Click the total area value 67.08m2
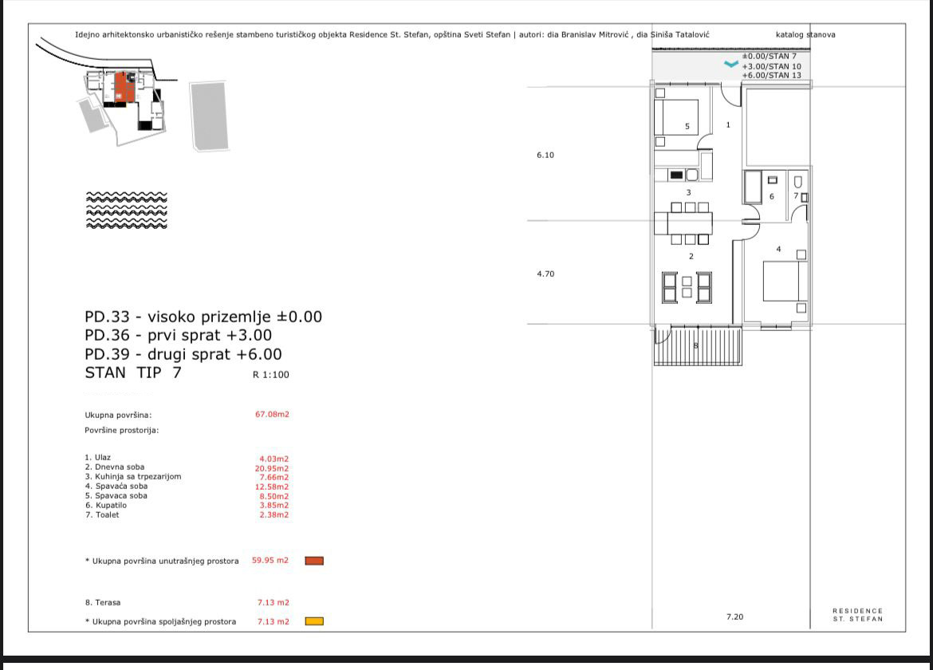(x=272, y=414)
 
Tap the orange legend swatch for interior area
(x=314, y=561)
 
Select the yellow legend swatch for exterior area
(x=314, y=621)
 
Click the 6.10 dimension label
(x=545, y=155)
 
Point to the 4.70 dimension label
(x=545, y=274)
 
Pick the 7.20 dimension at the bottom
(x=735, y=617)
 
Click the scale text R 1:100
(x=271, y=374)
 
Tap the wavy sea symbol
(x=127, y=210)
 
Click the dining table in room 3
(x=690, y=223)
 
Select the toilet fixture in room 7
(x=798, y=182)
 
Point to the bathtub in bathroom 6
(x=753, y=187)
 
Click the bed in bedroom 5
(x=676, y=117)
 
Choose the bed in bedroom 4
(x=785, y=281)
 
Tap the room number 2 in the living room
(x=691, y=257)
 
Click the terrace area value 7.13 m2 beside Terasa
(x=273, y=602)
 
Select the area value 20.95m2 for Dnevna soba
(x=272, y=468)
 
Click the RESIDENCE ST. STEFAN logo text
(x=857, y=615)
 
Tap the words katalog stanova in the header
(x=805, y=34)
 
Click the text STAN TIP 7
(x=133, y=372)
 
